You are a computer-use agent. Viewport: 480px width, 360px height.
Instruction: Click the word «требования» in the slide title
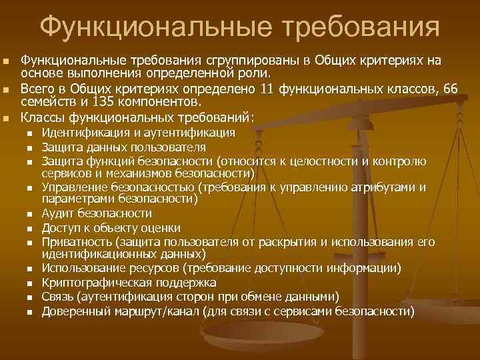[x=361, y=28]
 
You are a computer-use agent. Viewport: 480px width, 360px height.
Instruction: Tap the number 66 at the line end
[x=450, y=89]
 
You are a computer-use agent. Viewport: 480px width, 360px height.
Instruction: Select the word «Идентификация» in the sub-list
[x=81, y=133]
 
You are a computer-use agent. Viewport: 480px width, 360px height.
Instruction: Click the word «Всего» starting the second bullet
[x=36, y=89]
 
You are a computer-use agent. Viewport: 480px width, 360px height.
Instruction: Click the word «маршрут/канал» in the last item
[x=151, y=311]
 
